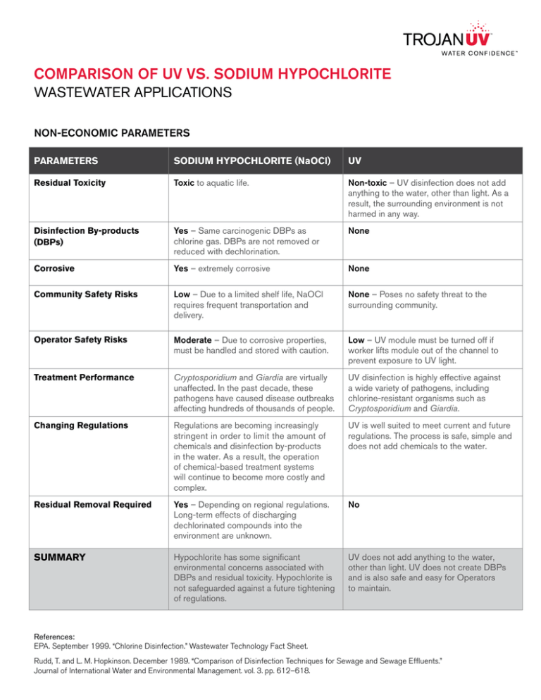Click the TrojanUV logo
tap(455, 42)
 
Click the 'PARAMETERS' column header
tap(69, 161)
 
